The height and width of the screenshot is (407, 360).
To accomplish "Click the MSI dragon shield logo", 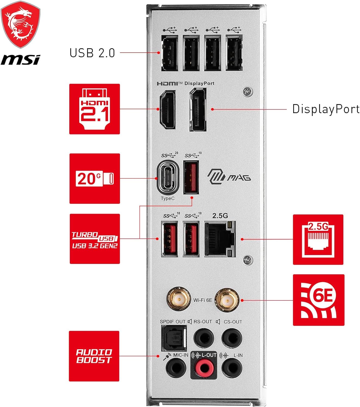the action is (x=21, y=24).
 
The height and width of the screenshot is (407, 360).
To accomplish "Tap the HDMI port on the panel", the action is (x=168, y=110).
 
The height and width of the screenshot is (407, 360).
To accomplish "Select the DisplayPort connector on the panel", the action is (x=198, y=110).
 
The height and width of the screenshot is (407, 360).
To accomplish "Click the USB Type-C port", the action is (x=168, y=178).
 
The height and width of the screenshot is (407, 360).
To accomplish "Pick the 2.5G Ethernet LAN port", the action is (x=220, y=239).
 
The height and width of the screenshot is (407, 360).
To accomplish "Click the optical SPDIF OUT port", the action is (x=174, y=338).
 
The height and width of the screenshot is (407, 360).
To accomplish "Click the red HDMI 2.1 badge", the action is (x=94, y=109).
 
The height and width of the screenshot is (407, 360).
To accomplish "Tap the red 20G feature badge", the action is (x=95, y=179).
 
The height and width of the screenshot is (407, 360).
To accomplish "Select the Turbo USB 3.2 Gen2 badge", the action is (x=95, y=239).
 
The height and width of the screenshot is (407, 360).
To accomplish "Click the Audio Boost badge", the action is (x=94, y=356).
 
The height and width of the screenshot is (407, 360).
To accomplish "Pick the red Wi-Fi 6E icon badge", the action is (x=318, y=300).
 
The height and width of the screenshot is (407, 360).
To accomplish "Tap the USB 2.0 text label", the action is (x=92, y=53).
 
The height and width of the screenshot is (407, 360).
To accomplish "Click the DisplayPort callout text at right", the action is (x=326, y=109).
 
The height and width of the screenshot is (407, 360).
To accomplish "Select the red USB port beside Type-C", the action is (x=191, y=177).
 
